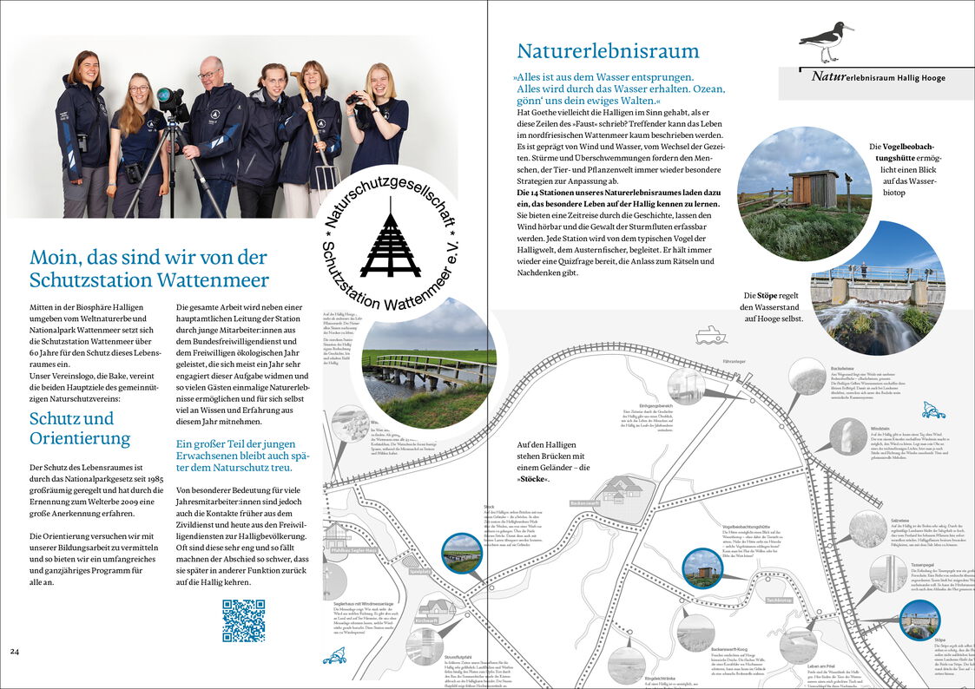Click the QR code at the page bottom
243,620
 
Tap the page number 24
15,651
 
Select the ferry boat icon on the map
710,334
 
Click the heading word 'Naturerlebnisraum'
608,50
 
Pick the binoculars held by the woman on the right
356,99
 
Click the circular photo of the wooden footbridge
429,364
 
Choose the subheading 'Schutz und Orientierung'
80,428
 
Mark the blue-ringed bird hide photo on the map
702,568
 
